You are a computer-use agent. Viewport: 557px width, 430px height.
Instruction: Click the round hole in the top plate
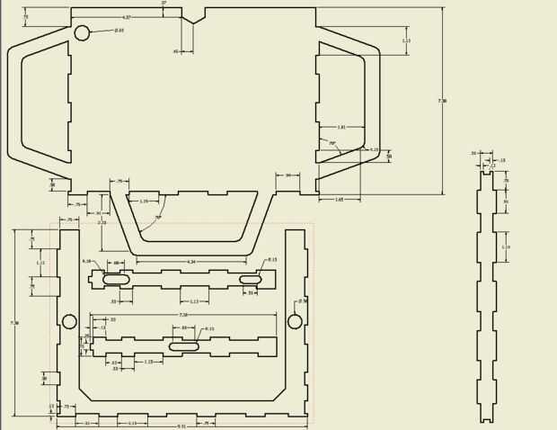82,33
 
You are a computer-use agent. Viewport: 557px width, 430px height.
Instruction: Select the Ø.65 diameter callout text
119,31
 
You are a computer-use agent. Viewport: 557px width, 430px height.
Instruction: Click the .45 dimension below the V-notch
176,51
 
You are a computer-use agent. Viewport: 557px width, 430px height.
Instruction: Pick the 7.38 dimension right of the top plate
442,101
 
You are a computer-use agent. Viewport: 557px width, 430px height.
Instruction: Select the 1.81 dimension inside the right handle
341,128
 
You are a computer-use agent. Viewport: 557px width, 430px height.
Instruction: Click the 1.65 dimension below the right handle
339,200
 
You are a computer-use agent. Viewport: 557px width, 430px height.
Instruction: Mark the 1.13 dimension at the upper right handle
406,40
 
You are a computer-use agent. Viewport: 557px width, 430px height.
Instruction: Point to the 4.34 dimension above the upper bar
190,262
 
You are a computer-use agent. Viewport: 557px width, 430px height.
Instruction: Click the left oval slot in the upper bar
117,280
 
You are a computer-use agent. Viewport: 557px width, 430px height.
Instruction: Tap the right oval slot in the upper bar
251,280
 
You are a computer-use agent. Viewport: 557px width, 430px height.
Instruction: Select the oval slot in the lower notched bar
184,346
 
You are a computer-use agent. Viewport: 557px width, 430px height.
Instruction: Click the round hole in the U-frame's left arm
69,321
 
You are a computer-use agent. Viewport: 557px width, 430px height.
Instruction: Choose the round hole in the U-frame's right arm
295,321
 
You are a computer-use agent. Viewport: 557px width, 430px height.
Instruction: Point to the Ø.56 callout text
303,301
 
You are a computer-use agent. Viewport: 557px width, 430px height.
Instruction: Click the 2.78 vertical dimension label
102,222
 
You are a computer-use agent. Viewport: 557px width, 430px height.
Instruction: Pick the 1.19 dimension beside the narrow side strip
506,247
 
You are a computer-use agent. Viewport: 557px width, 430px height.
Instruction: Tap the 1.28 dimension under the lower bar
148,362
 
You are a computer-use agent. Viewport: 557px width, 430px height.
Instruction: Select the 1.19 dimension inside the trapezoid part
144,202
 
